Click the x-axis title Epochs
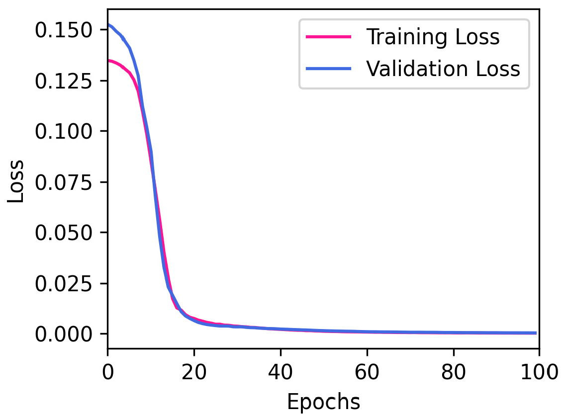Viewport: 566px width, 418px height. pos(323,402)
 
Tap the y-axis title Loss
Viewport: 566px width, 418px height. pos(16,181)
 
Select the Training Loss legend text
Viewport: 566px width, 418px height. pos(433,37)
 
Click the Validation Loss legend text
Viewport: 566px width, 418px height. pos(443,69)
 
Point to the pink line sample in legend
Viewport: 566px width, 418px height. pos(328,37)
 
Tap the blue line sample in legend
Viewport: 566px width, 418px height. pos(328,69)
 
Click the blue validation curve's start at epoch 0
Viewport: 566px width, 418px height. pos(108,24)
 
